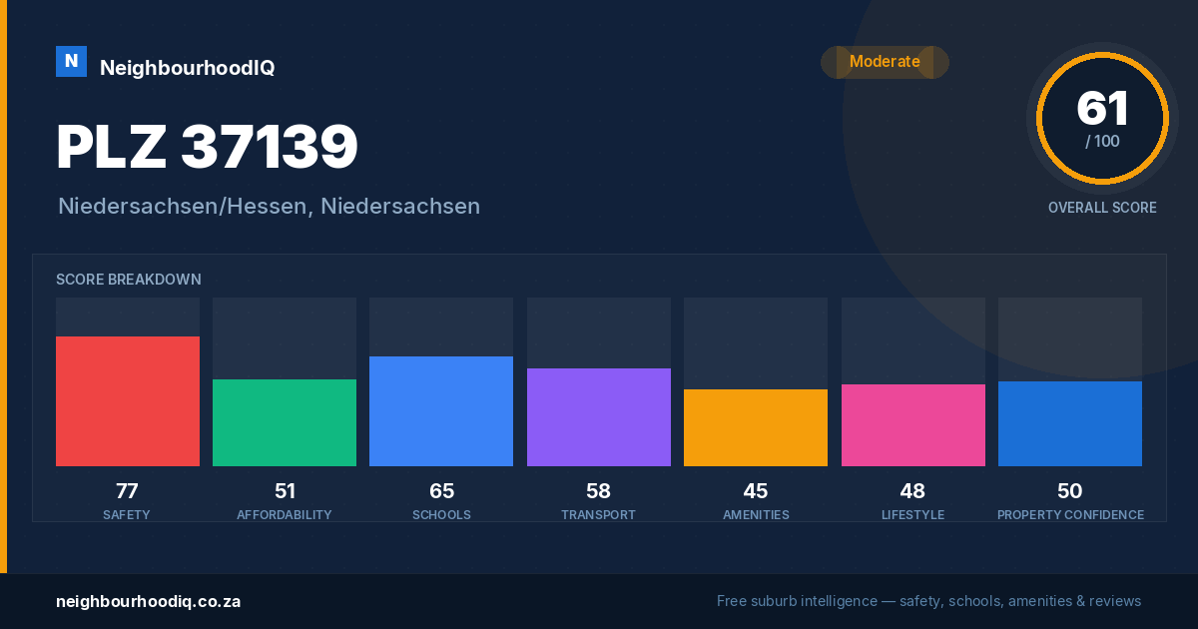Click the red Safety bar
[x=128, y=401]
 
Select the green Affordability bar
[x=285, y=422]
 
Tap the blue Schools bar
[x=441, y=410]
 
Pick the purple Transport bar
[x=598, y=417]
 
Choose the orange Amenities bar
[x=756, y=427]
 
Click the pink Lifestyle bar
[x=912, y=425]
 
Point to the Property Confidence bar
[x=1070, y=423]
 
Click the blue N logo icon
[x=71, y=62]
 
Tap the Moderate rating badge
[x=885, y=62]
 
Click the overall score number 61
[x=1102, y=108]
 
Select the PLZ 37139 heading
[x=207, y=146]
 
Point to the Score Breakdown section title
[x=129, y=280]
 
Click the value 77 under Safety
[x=127, y=491]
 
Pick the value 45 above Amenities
[x=755, y=491]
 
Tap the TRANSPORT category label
[x=598, y=514]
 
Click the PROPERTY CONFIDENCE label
[x=1070, y=514]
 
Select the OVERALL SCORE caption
[x=1102, y=208]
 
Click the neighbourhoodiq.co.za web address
[x=148, y=601]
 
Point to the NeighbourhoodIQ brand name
[x=188, y=68]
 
